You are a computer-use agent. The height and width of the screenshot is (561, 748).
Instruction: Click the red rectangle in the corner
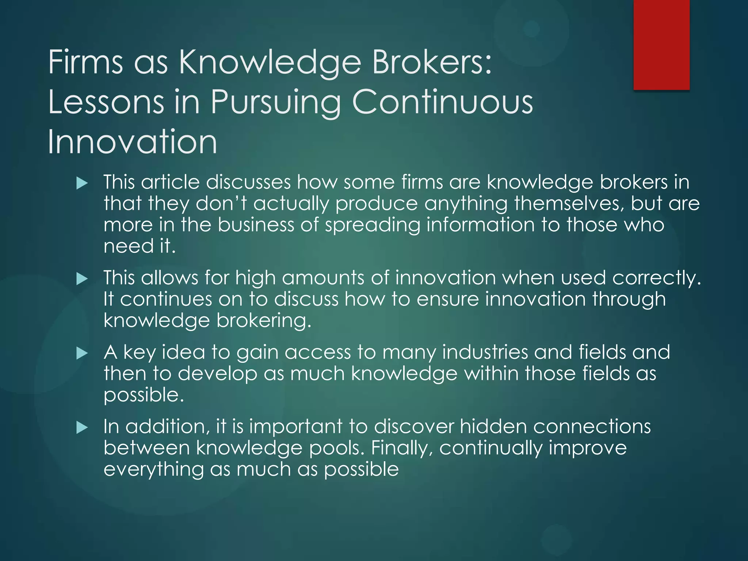(661, 45)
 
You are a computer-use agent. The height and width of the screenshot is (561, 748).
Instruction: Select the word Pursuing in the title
(276, 102)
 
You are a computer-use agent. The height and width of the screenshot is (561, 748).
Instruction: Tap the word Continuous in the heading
(442, 102)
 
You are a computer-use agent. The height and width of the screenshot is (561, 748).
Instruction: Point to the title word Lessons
(106, 102)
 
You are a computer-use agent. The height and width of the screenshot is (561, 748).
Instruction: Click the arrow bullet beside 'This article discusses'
(82, 183)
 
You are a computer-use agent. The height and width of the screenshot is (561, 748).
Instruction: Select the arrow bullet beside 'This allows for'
(82, 279)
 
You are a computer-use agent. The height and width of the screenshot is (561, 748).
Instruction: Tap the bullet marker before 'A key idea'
(82, 354)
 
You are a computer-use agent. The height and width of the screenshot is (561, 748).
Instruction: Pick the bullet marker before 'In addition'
(82, 428)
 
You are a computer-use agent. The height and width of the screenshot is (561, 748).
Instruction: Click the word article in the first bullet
(170, 182)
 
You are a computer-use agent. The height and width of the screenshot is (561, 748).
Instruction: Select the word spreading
(373, 225)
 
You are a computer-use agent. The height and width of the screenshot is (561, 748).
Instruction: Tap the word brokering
(264, 321)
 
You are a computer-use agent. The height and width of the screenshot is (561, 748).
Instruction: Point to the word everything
(153, 470)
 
